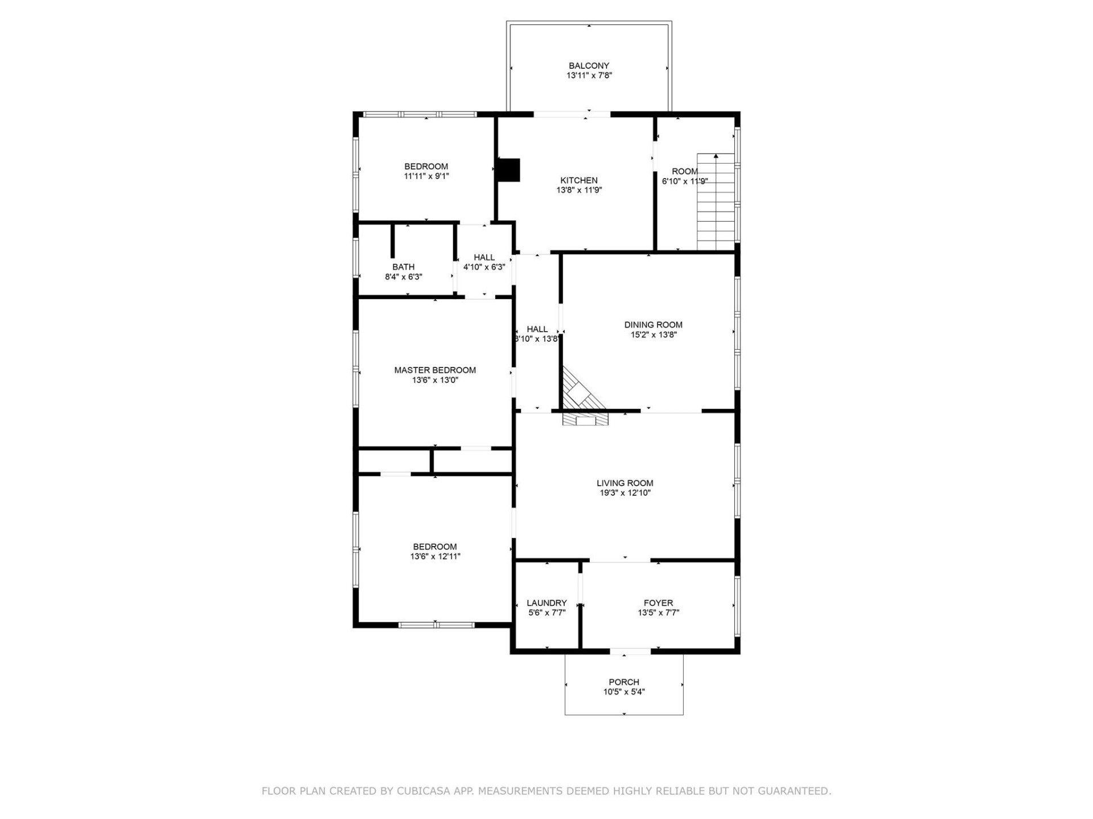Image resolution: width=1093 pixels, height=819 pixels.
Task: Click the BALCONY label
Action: click(589, 66)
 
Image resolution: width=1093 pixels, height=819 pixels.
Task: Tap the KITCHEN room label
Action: click(579, 180)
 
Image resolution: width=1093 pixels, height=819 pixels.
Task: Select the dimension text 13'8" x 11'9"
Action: click(579, 191)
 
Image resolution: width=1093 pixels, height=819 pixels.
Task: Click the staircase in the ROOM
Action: click(716, 202)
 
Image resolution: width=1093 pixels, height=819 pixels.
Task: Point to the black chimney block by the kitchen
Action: click(508, 169)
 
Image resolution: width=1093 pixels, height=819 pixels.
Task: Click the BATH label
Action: click(403, 267)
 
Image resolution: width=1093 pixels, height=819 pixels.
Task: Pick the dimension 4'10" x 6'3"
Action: click(484, 267)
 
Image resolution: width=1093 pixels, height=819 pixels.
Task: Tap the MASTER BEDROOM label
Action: click(435, 370)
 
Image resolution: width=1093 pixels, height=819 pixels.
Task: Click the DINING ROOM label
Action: click(653, 325)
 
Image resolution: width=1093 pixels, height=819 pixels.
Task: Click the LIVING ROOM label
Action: click(624, 483)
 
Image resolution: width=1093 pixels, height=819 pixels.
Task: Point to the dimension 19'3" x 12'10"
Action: click(624, 493)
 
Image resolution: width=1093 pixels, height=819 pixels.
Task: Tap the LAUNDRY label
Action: click(546, 603)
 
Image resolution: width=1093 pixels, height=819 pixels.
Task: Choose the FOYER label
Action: click(658, 603)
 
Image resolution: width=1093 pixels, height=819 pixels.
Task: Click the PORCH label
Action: click(624, 682)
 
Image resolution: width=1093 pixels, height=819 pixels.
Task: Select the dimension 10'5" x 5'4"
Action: click(624, 692)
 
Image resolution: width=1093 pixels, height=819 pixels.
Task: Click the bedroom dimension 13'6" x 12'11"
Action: click(435, 557)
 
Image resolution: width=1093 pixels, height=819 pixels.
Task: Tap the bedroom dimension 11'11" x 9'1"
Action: click(426, 176)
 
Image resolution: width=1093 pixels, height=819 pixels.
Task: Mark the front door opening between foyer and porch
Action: click(630, 651)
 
